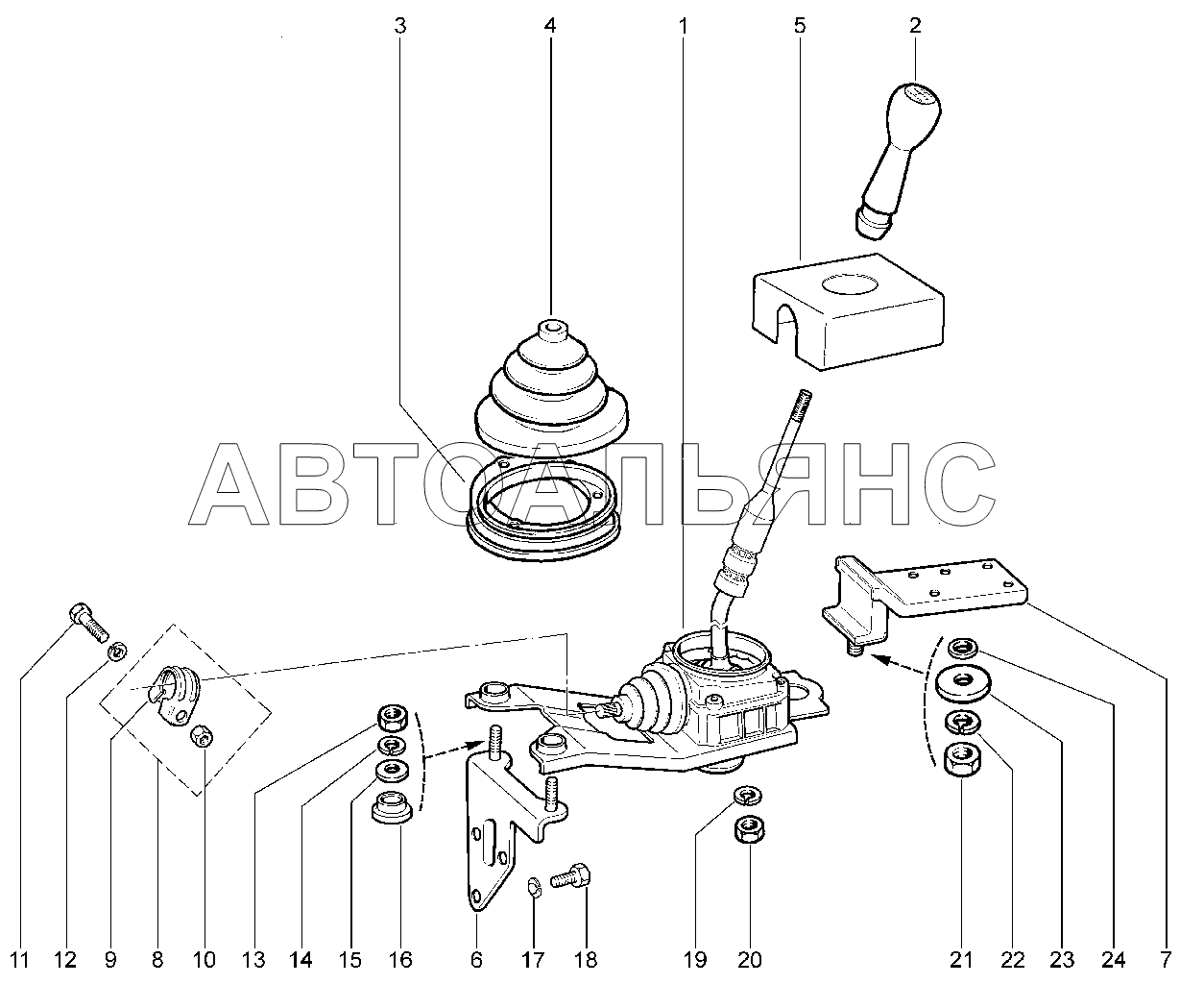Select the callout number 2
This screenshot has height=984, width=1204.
click(914, 26)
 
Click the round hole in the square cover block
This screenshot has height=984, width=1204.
click(851, 285)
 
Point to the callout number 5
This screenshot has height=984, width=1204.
click(799, 26)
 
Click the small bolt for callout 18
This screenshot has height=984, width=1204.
click(573, 875)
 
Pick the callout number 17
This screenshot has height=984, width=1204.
click(533, 959)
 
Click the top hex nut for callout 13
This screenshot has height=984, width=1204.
click(394, 717)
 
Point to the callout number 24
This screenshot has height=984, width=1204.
click(1114, 959)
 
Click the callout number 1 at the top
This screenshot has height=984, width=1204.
click(683, 26)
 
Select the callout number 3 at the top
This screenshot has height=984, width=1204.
click(400, 26)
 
